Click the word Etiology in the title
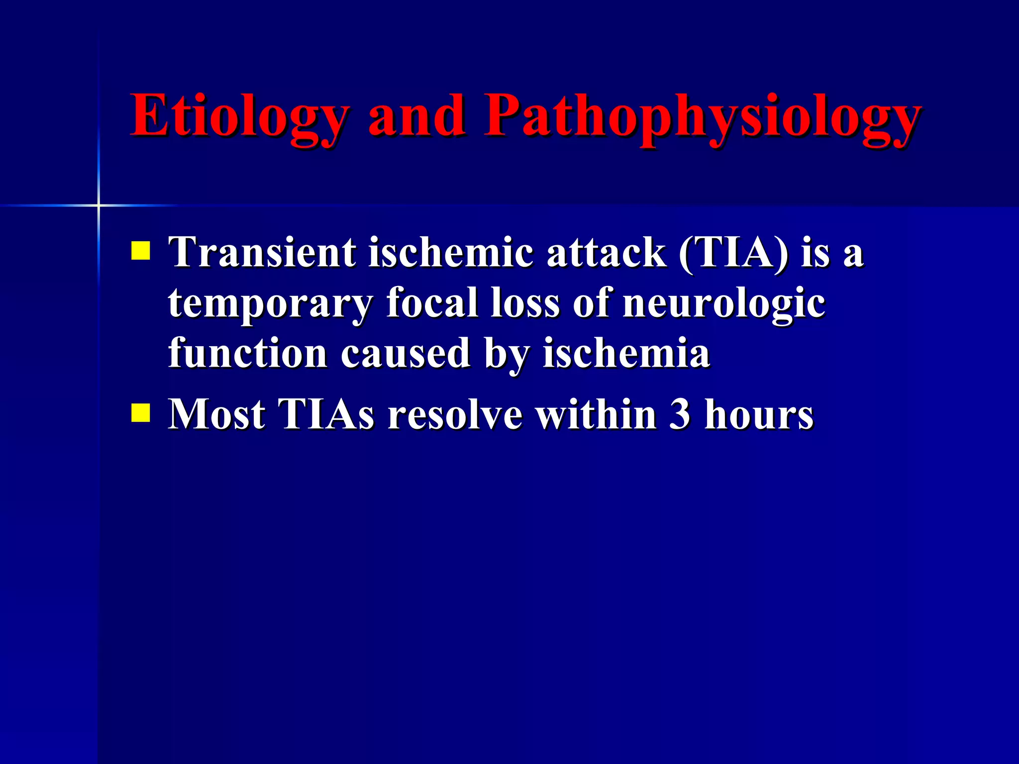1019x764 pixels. coord(239,117)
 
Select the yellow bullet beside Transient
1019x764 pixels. coord(141,251)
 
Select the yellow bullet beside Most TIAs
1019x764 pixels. coord(141,412)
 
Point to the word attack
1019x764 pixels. coord(607,252)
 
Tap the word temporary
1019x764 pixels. coord(271,303)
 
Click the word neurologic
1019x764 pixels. coord(724,303)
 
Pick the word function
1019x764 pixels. coord(248,353)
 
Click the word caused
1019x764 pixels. coord(406,353)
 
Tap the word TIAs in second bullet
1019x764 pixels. coord(326,414)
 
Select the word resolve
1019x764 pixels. coord(455,414)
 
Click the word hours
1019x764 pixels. coord(759,414)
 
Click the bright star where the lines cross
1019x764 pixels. coord(99,205)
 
